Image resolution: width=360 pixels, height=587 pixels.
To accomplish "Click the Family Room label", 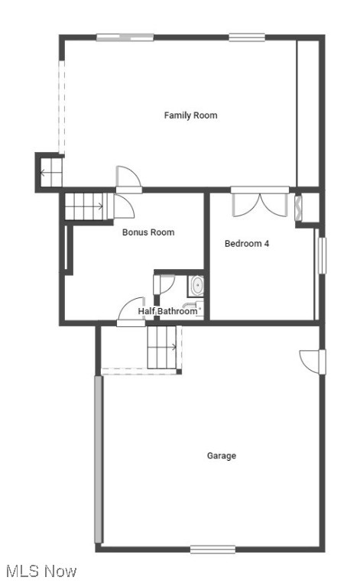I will point(190,115).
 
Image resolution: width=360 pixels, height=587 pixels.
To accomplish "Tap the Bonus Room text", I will point(148,232).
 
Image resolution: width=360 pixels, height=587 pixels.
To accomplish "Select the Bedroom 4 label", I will point(246,244).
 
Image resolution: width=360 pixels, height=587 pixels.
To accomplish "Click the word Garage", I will point(222,456).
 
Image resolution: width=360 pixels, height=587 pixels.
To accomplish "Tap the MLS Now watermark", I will point(41,571).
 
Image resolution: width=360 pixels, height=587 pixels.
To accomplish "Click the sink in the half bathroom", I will point(196,287).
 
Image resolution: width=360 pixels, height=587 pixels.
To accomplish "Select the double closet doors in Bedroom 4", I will point(260,205).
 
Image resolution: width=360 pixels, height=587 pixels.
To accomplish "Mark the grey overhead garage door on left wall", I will point(98,459).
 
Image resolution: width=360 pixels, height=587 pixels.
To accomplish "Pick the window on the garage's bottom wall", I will point(212,549).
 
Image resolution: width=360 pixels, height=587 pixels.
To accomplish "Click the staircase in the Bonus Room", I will point(83,206).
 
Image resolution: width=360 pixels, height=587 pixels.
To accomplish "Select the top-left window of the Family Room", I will point(125,37).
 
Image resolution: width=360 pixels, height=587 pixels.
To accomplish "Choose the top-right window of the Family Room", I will point(247,37).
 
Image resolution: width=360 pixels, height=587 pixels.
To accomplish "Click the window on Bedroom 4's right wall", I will point(322,255).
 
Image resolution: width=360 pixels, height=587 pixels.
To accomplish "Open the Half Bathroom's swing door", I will point(131,310).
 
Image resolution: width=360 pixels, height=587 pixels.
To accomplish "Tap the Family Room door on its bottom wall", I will point(128,177).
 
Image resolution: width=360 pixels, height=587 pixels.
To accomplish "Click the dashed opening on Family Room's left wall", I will point(62,107).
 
